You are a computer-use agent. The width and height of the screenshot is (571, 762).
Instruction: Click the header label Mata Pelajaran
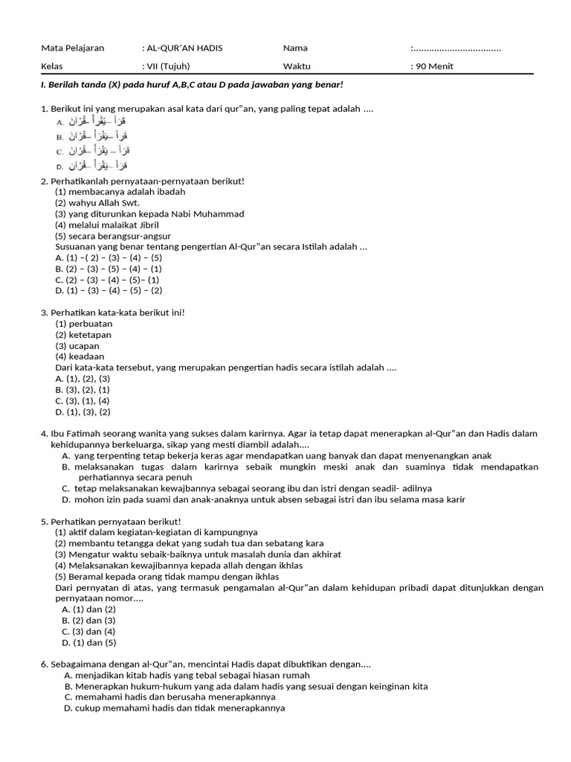(x=72, y=48)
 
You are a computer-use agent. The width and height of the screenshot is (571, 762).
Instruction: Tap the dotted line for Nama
(x=456, y=49)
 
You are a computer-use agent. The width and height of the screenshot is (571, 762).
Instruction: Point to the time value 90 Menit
(x=434, y=66)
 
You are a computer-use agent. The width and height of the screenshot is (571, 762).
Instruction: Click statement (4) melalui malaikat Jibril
(x=106, y=224)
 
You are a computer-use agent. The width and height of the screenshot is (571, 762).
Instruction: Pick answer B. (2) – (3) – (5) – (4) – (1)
(x=109, y=269)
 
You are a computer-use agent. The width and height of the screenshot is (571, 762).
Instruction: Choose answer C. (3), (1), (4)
(x=83, y=400)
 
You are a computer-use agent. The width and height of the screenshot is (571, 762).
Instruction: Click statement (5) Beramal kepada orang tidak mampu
(x=167, y=576)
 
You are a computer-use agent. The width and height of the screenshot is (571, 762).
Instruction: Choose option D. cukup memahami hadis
(x=175, y=708)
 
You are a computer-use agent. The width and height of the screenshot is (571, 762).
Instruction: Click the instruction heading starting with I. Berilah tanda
(x=192, y=85)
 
